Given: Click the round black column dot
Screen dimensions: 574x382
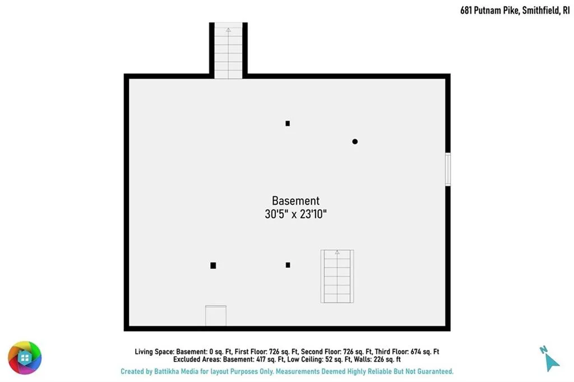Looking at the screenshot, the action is click(x=355, y=142).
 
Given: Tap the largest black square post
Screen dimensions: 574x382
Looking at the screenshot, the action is click(x=213, y=265).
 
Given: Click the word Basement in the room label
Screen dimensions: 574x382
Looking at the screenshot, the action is click(x=296, y=201).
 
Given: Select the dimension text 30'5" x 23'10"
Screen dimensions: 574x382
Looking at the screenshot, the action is click(x=296, y=214).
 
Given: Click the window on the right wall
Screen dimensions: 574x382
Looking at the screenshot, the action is click(x=448, y=169).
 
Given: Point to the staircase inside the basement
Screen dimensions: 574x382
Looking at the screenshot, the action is click(x=337, y=276).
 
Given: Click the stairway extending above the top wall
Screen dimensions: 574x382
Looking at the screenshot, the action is click(x=228, y=50).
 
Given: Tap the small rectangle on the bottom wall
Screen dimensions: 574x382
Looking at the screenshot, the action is click(x=216, y=316).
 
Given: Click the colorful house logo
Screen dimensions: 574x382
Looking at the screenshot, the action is click(x=25, y=357).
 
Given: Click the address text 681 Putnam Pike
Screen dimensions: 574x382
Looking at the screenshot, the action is click(x=490, y=10).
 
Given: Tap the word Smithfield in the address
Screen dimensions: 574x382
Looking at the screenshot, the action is click(x=541, y=10).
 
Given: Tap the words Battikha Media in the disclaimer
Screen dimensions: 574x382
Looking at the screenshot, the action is click(x=176, y=371).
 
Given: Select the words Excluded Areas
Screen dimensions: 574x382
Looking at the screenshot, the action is click(x=197, y=359).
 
